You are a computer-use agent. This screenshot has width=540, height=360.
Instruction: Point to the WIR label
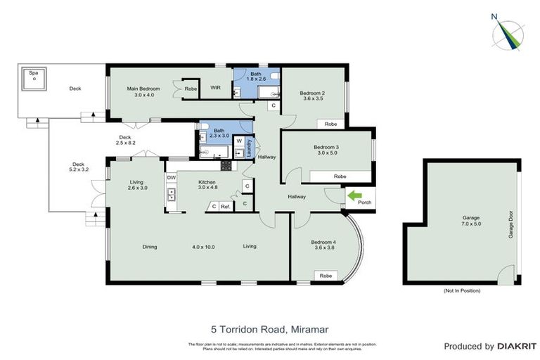[x=217, y=88]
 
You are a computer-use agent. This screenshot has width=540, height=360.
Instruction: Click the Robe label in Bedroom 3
[x=340, y=176]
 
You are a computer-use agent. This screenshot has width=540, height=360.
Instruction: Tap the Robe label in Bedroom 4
[x=326, y=276]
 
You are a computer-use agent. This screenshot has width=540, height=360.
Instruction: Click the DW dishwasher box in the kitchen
[x=171, y=178]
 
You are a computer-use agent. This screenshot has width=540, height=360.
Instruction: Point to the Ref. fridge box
[x=226, y=206]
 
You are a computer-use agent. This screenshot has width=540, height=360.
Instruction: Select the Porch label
[x=364, y=202]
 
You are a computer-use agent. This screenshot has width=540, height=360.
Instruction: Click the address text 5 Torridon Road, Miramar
[x=271, y=328]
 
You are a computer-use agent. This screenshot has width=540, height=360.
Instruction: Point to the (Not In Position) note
[x=462, y=290]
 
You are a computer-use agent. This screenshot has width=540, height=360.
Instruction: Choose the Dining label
[x=149, y=247]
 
